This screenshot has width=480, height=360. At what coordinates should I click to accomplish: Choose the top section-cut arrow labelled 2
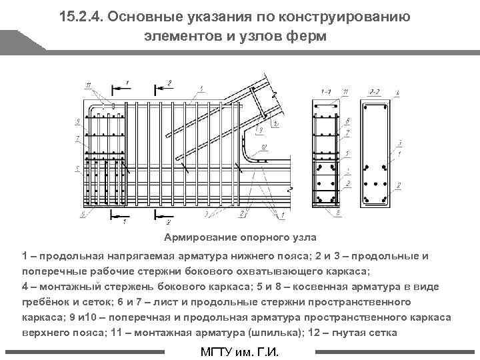point(162,86)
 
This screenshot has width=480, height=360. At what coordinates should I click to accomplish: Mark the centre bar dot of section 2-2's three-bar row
point(376,183)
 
